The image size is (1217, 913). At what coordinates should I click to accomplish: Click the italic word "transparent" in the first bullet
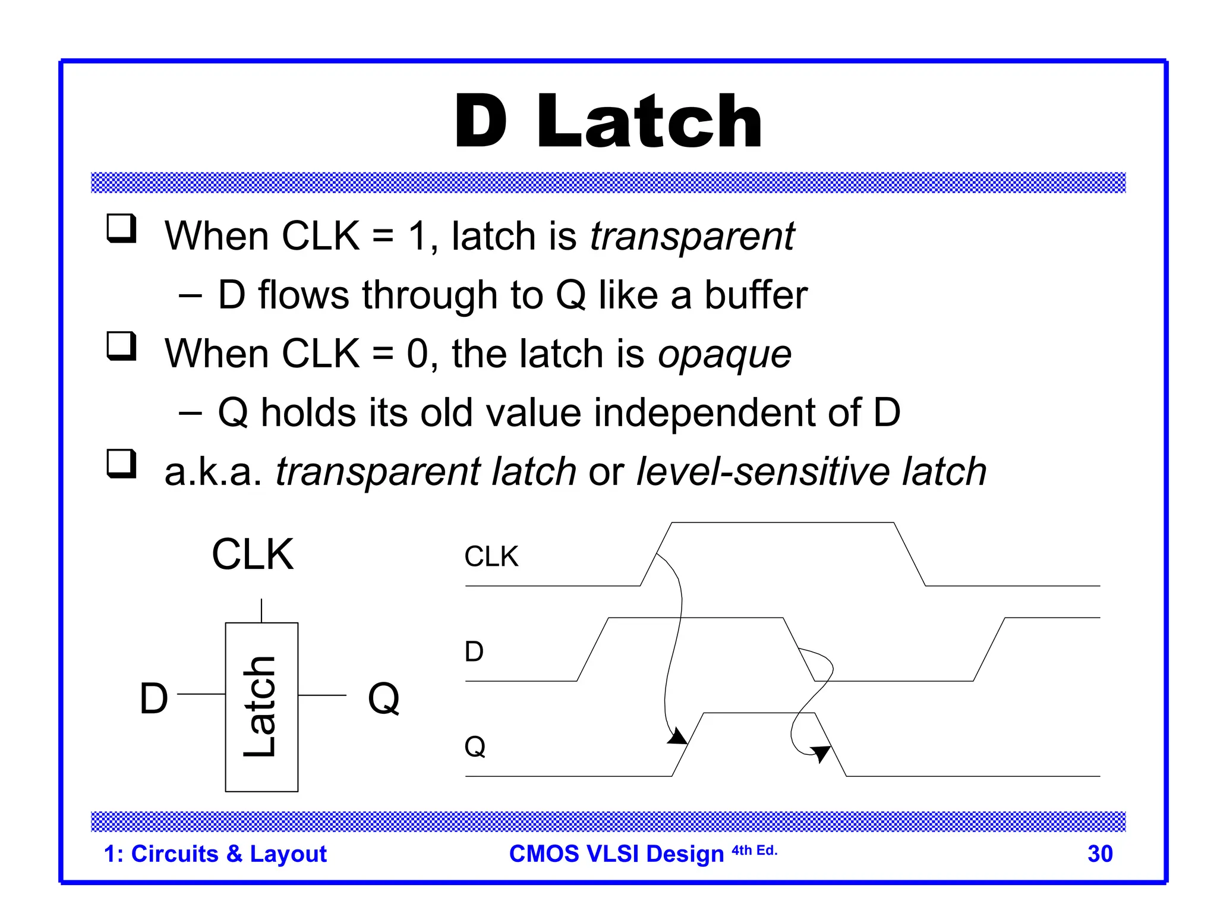point(692,237)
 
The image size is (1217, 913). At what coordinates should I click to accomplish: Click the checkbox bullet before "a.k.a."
point(121,464)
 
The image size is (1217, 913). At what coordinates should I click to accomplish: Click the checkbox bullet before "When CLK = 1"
point(121,229)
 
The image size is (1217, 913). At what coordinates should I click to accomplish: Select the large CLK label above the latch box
point(253,555)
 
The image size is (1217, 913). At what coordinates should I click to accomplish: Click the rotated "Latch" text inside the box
point(260,707)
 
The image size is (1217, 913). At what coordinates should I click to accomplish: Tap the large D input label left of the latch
point(154,698)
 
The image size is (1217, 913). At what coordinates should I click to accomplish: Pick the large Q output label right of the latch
point(384,698)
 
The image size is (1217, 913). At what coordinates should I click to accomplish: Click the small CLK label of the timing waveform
point(491,557)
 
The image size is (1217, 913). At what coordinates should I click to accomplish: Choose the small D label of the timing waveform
point(474,652)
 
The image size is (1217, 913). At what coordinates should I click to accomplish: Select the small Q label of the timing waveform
point(475,747)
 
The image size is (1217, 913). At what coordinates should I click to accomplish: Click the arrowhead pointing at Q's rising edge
point(678,738)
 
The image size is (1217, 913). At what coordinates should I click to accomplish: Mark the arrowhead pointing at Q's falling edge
point(821,753)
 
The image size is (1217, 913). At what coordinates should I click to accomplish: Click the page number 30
point(1099,854)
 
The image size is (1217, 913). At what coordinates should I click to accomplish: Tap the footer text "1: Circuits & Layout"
point(215,854)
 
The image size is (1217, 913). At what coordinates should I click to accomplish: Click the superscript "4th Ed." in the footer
point(754,851)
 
